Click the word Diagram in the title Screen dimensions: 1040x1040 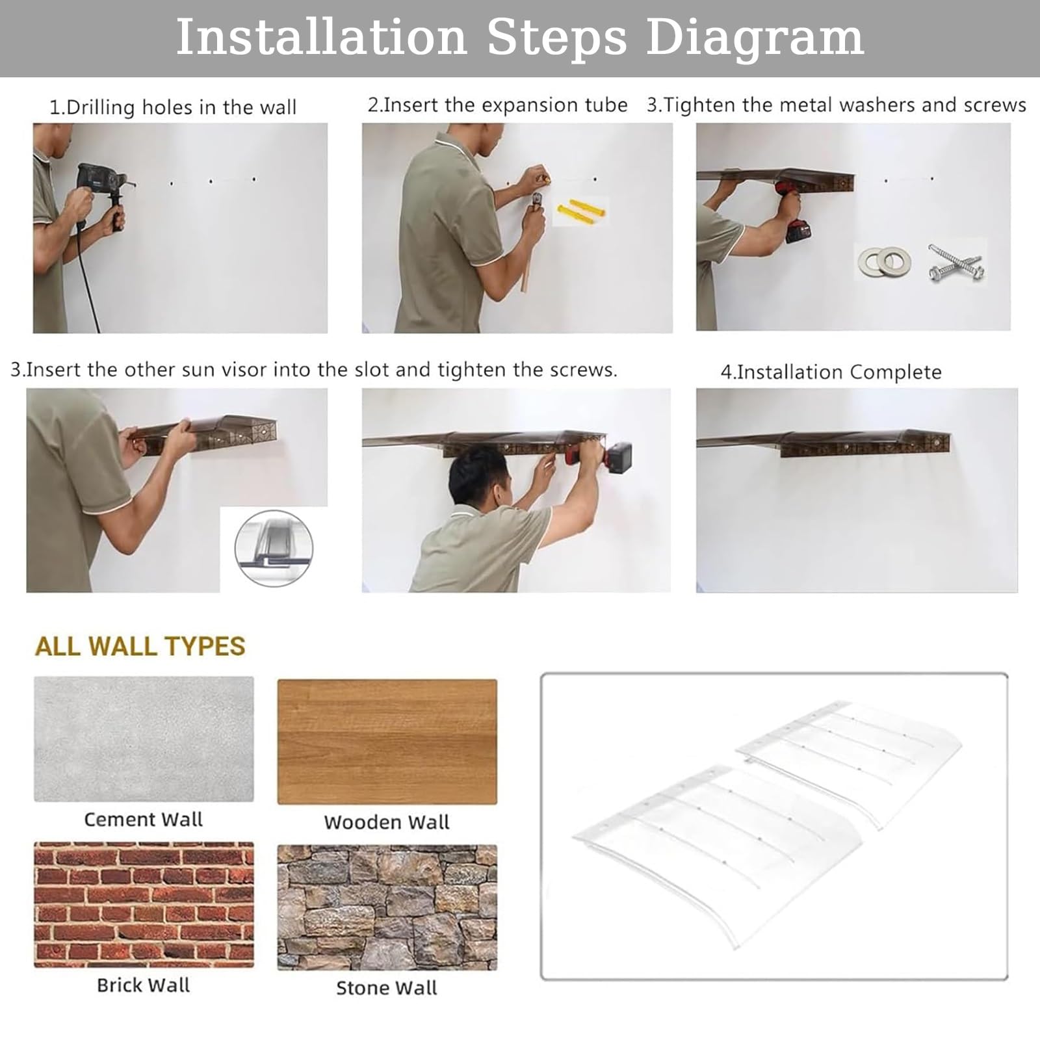[755, 38]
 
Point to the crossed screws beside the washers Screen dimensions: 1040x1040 [955, 263]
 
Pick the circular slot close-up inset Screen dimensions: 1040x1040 [274, 548]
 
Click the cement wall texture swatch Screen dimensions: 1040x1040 [144, 739]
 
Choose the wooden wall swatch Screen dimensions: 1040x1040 [387, 742]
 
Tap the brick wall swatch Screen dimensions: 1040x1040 [144, 905]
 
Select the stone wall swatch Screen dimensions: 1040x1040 [387, 907]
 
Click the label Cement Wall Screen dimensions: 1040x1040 [144, 820]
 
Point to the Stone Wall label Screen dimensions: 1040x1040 [387, 988]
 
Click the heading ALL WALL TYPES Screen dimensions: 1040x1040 [140, 646]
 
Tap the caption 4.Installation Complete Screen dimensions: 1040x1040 [831, 372]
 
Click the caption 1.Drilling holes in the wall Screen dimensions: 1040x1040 [173, 107]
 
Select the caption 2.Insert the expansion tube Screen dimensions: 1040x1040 [497, 105]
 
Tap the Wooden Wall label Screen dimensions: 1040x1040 [387, 822]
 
